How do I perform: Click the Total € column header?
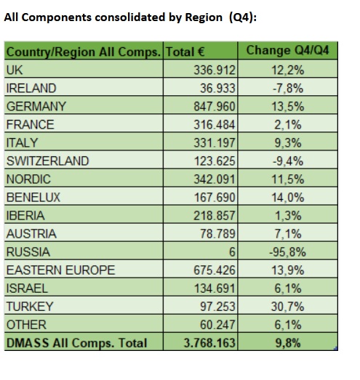tap(185, 52)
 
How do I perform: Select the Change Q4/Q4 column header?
tap(287, 51)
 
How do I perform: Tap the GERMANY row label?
tap(36, 106)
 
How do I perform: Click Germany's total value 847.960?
tap(215, 106)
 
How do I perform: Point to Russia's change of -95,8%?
tap(287, 252)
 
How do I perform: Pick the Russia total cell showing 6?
tap(232, 252)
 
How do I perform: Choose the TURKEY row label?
tap(30, 307)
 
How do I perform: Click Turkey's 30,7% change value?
tap(287, 307)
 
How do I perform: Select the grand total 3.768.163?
tap(209, 343)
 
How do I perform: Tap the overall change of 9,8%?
tap(288, 343)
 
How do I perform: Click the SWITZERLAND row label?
tap(48, 161)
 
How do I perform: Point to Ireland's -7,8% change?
tap(288, 88)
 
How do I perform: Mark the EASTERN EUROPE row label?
tap(60, 270)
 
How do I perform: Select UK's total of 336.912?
tap(215, 70)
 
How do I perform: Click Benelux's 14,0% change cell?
tap(287, 198)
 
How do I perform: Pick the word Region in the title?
tap(204, 17)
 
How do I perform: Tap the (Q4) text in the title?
tap(243, 17)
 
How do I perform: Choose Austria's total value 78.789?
tap(217, 234)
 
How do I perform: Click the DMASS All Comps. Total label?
tap(76, 343)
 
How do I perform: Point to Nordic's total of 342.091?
tap(215, 179)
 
